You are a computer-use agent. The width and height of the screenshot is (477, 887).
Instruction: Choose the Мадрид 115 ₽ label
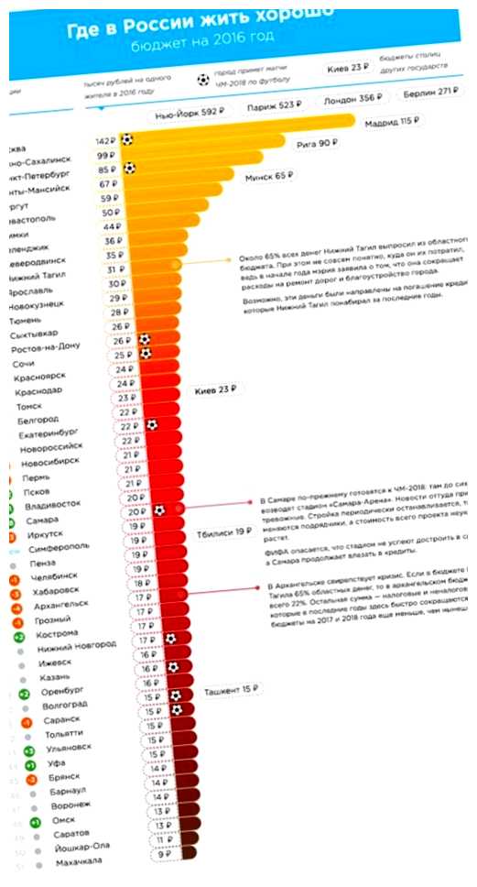pyautogui.click(x=394, y=123)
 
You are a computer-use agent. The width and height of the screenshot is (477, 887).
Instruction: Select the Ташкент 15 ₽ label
pyautogui.click(x=227, y=688)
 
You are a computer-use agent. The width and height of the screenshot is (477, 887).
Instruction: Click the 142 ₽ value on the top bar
pyautogui.click(x=105, y=140)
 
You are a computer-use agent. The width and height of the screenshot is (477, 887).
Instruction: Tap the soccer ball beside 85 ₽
pyautogui.click(x=130, y=170)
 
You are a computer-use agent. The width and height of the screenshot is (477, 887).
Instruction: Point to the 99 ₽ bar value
pyautogui.click(x=108, y=157)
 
